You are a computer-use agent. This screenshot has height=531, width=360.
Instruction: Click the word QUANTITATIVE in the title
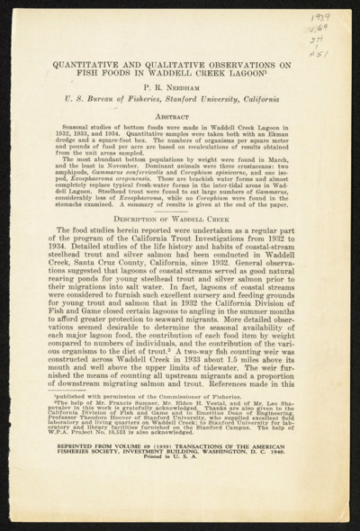(94, 64)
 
